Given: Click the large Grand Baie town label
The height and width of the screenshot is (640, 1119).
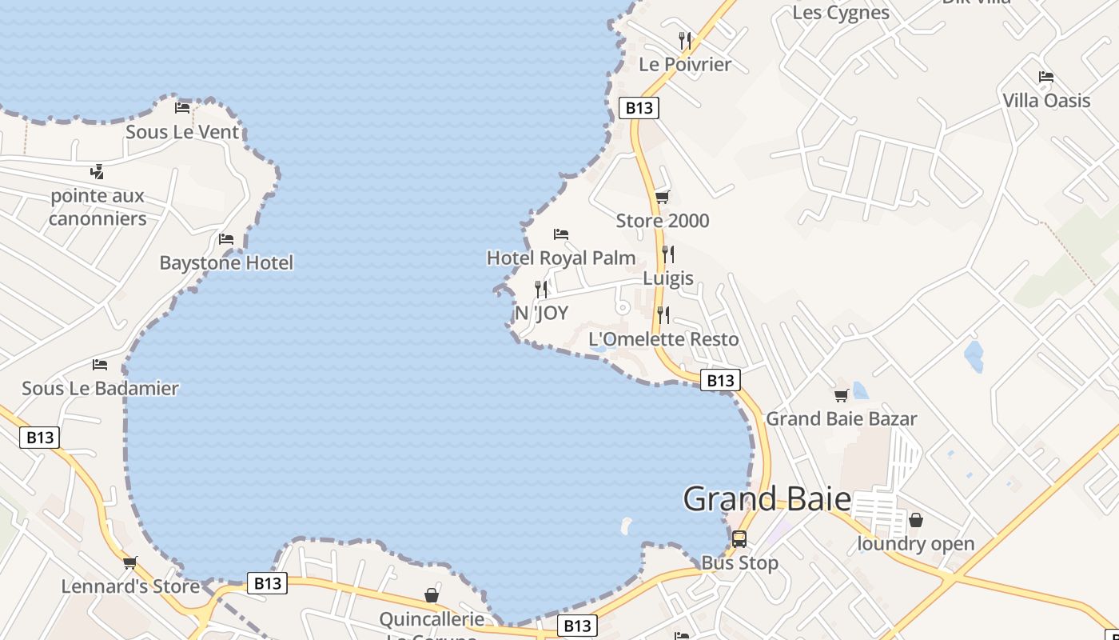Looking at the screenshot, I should coord(767,499).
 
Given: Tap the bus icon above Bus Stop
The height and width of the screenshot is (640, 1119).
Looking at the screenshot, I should coord(739,538).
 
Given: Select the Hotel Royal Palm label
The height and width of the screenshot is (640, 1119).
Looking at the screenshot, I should coord(561,258).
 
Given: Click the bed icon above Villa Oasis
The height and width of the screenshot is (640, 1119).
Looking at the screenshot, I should coord(1046,77).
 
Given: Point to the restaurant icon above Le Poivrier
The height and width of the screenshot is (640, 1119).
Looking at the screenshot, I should coord(685,40).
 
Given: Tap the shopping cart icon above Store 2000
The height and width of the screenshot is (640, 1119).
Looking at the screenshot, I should coord(662,197).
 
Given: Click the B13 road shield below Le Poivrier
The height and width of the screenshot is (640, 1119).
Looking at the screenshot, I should coord(639,108).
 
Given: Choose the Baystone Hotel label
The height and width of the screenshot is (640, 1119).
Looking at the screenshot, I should coord(226,262).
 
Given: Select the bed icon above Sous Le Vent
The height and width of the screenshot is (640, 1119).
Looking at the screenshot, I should coord(182,108).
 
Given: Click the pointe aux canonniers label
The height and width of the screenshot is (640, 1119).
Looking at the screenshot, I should coord(98,207).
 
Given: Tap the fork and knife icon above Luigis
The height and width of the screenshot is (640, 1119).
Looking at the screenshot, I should coord(668,254).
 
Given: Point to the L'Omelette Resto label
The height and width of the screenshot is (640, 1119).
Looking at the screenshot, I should coord(663,339).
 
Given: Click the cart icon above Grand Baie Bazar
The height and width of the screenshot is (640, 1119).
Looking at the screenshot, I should coord(841,395).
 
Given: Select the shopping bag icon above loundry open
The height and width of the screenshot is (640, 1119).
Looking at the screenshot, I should coord(916,520).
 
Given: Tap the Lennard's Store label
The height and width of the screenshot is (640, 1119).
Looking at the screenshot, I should coord(130,586).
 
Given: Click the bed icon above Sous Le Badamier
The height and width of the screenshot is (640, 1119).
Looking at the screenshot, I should coord(100,365).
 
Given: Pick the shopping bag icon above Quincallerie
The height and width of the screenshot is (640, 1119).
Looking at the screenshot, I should coord(432,595).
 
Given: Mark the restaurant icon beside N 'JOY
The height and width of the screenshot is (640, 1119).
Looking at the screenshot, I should coord(541,289).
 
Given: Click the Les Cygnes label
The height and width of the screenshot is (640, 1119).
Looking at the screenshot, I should coord(841,13).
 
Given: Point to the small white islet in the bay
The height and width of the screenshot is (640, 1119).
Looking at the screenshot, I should coord(626,526).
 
